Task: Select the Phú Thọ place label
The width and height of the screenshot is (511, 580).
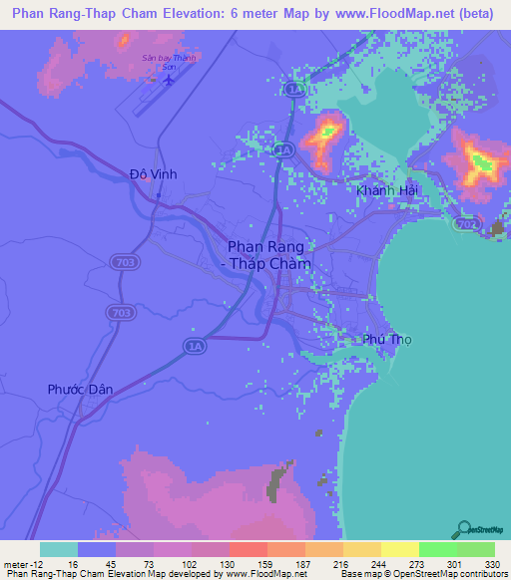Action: [386, 339]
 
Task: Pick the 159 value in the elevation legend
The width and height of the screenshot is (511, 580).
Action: [249, 563]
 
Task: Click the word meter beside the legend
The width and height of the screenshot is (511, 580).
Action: [14, 563]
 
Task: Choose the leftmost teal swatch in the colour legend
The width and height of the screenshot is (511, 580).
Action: [59, 549]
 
